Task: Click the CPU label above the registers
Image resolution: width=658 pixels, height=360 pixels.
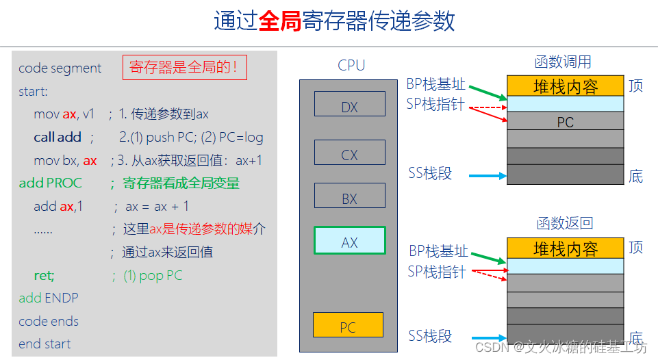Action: [x=351, y=66]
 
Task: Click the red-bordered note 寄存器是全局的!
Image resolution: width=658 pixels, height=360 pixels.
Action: [x=184, y=68]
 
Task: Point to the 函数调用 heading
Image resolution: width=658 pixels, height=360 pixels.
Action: [x=563, y=62]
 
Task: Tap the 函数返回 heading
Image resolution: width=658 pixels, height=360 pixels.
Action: [x=565, y=223]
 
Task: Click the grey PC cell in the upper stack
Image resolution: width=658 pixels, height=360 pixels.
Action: [x=565, y=123]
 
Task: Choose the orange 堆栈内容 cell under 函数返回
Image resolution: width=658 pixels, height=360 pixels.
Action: [x=566, y=248]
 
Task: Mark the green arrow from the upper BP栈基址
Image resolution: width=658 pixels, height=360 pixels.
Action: [x=488, y=92]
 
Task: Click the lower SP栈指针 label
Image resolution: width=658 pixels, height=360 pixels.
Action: [x=436, y=271]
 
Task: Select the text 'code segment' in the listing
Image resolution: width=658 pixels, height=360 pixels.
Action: [x=60, y=68]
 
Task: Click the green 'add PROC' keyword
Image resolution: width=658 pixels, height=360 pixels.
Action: [x=50, y=183]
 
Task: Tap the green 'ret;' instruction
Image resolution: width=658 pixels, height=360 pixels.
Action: [x=44, y=276]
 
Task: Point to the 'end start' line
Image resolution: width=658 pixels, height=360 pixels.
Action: [x=45, y=344]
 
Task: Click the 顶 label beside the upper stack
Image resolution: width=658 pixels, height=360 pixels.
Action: [x=635, y=87]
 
